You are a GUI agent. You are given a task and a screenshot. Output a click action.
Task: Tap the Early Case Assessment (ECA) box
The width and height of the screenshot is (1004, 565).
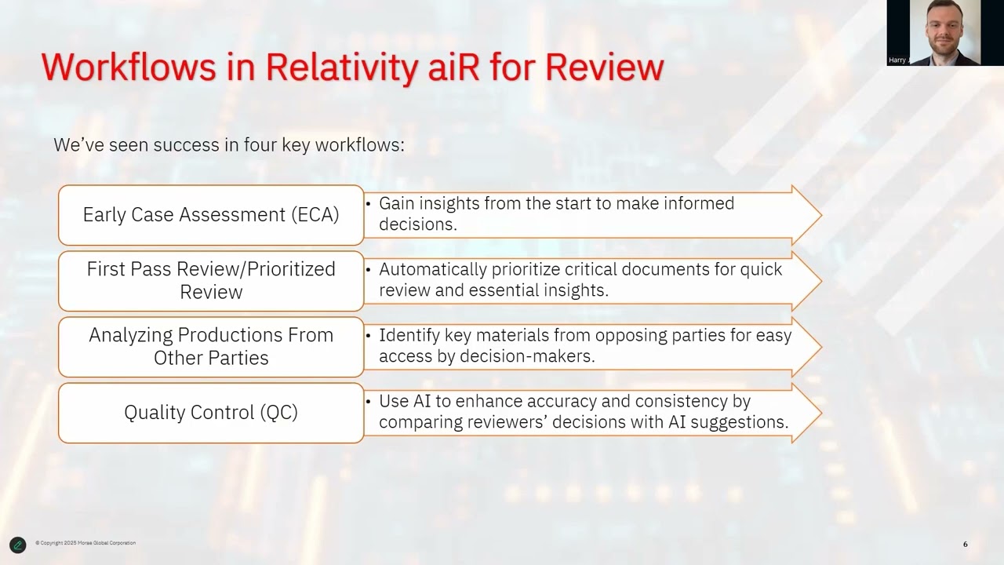[211, 215]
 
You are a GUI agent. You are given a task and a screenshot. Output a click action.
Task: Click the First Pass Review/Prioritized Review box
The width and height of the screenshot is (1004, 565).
[211, 281]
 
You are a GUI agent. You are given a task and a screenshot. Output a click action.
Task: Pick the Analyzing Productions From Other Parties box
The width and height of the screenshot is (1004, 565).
[211, 347]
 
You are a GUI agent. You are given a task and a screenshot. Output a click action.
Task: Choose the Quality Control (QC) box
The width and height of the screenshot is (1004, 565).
[211, 413]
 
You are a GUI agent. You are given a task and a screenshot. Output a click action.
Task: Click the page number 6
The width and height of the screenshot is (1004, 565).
[965, 545]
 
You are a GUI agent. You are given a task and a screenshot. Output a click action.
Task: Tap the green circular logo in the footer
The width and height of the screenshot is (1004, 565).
[17, 545]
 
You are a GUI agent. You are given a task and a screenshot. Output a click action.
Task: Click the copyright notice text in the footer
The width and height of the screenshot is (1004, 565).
[85, 543]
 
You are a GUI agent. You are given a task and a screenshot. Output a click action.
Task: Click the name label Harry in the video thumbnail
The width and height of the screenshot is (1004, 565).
[897, 60]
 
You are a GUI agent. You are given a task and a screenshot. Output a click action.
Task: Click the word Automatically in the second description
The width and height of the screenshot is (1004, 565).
[433, 269]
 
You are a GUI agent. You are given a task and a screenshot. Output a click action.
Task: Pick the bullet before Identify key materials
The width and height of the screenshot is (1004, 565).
[368, 336]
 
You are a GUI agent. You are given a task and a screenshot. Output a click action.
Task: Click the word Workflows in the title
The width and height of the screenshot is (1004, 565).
[129, 67]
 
